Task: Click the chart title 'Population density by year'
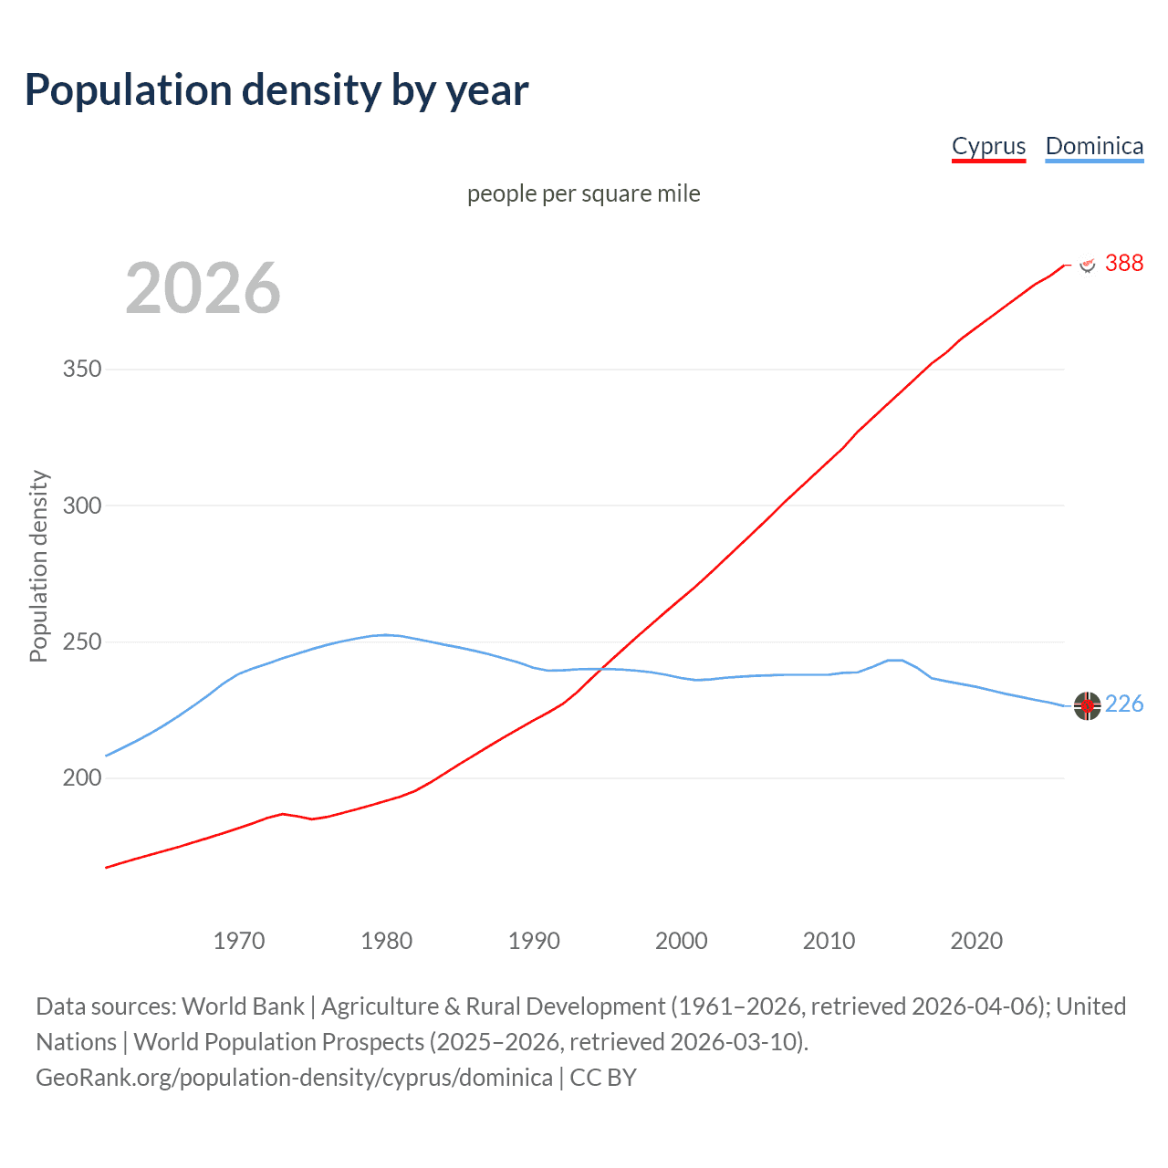point(276,89)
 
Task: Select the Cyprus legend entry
point(988,146)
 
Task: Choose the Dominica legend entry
point(1094,146)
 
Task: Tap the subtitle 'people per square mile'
point(583,193)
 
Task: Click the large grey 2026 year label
point(203,288)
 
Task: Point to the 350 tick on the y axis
point(82,370)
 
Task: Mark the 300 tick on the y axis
point(82,506)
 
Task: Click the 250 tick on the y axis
point(82,641)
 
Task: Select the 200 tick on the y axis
point(82,778)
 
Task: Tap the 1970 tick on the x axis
point(239,941)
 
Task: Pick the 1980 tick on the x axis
point(387,941)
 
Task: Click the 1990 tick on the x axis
point(534,941)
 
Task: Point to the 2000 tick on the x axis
point(682,941)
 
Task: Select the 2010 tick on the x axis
point(829,941)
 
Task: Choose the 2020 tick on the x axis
point(976,941)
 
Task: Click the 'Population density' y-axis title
point(38,566)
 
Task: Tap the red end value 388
point(1123,263)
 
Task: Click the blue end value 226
point(1123,704)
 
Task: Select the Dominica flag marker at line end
point(1087,705)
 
